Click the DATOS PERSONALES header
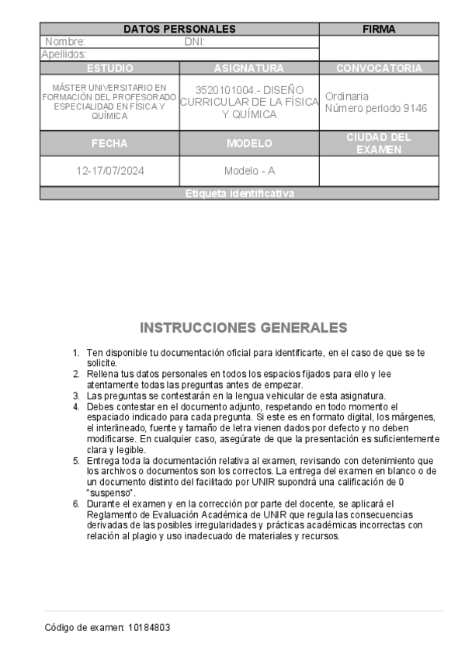[179, 30]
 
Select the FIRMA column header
[380, 30]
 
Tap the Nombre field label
[65, 42]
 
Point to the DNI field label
[194, 42]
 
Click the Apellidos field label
[64, 54]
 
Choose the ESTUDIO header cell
[109, 68]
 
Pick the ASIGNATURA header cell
[249, 68]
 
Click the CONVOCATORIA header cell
[380, 68]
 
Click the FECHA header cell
[109, 144]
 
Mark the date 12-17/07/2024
[109, 171]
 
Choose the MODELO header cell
[249, 144]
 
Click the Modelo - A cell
[249, 171]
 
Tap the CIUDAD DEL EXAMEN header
[380, 144]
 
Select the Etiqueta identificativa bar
[240, 194]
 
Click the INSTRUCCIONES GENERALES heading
[244, 327]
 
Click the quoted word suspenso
[111, 493]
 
